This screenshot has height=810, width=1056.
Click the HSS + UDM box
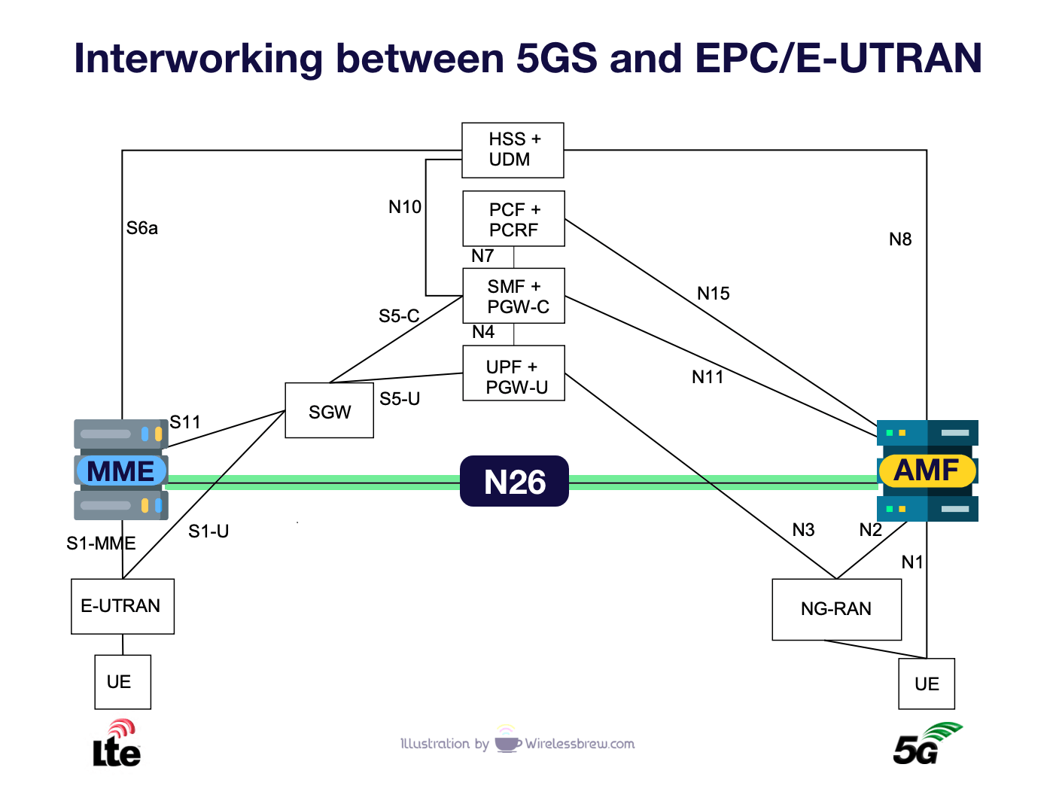coord(513,150)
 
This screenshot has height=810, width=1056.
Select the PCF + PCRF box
coord(513,219)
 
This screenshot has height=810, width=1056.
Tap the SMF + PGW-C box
coord(513,296)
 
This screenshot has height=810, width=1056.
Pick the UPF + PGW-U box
coord(513,373)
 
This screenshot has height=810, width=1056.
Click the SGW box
coord(330,411)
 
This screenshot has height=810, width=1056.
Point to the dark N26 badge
coord(514,482)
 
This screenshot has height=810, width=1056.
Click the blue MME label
coord(121,471)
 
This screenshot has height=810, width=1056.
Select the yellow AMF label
coord(927,470)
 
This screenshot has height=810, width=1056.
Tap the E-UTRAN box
coord(123,606)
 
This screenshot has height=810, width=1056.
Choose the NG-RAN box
coord(836,609)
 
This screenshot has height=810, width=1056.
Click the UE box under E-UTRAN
coord(122,682)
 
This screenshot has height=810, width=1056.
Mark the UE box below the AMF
coord(927,684)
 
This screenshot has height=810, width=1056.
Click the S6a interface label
coord(142,228)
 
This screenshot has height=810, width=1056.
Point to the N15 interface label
coord(713,294)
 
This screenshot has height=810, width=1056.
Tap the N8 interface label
coord(899,239)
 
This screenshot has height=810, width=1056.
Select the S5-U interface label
coord(400,399)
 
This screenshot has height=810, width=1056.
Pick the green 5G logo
coord(926,744)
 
